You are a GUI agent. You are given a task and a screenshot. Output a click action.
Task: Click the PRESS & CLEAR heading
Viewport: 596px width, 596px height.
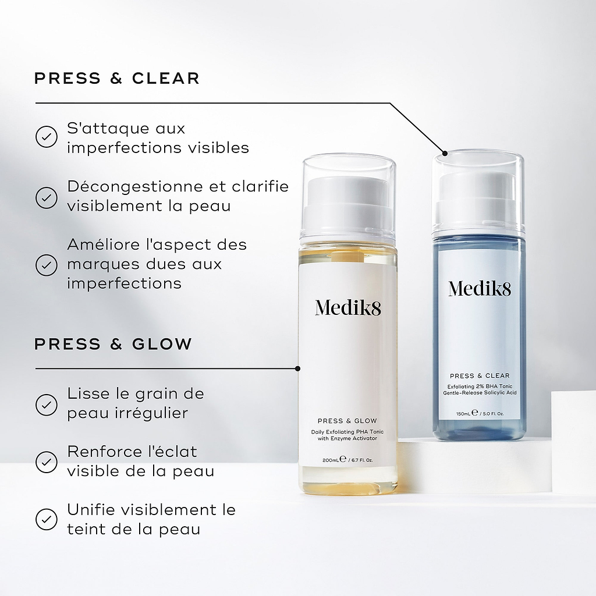[116, 78]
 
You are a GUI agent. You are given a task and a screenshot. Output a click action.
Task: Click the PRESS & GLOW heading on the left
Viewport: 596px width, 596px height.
[113, 344]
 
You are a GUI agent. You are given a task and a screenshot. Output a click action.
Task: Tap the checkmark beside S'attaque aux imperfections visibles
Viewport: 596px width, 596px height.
[47, 137]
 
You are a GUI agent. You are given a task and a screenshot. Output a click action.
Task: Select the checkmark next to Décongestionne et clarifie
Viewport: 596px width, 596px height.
[47, 197]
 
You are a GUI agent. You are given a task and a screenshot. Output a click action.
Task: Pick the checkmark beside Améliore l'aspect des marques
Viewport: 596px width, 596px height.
[47, 264]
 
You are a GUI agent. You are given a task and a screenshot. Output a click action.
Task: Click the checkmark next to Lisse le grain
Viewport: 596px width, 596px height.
[47, 404]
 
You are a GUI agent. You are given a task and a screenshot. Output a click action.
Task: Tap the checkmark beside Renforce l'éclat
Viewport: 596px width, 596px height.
[47, 462]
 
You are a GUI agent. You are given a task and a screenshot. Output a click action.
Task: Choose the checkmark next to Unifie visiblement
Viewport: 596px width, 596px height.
[47, 519]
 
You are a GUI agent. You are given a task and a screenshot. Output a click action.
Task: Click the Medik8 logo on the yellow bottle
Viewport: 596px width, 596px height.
[348, 307]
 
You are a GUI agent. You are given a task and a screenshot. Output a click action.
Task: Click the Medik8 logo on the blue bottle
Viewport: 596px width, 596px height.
[479, 288]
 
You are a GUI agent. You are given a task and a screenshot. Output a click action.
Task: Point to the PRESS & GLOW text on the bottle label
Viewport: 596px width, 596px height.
[347, 420]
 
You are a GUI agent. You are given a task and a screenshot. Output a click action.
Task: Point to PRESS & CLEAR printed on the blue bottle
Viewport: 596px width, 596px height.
[479, 375]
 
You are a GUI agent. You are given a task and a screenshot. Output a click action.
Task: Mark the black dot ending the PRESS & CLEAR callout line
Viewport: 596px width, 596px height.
[445, 154]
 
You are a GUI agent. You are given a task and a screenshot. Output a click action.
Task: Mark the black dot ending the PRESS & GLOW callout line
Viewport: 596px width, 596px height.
[298, 368]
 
